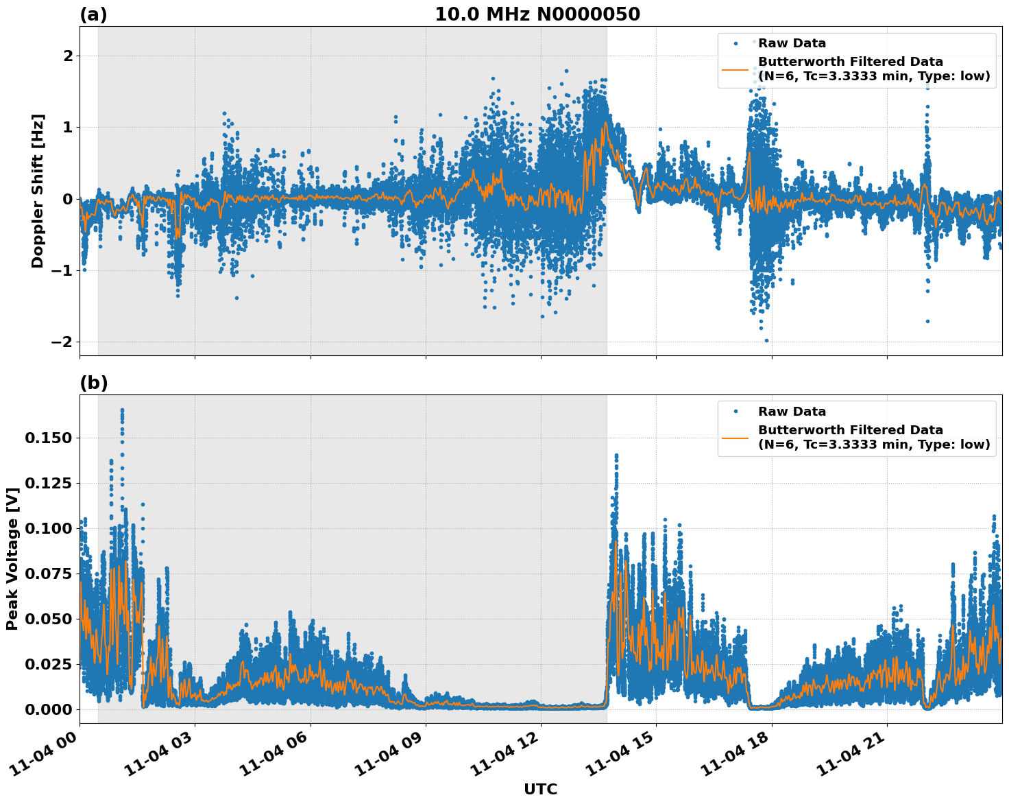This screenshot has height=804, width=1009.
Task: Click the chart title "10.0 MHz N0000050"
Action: (x=537, y=14)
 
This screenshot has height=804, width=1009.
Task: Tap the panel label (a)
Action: (x=93, y=14)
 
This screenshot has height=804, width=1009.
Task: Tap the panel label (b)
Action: (x=93, y=383)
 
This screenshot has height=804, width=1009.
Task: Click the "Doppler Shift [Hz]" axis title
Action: (x=38, y=191)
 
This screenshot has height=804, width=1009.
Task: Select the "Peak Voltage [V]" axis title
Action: (x=12, y=558)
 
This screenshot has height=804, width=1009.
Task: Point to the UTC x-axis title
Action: (x=540, y=789)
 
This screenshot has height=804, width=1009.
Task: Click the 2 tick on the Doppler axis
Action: (x=67, y=56)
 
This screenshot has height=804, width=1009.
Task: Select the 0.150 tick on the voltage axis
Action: (x=48, y=438)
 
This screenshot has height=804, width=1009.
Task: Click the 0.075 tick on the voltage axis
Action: (x=48, y=574)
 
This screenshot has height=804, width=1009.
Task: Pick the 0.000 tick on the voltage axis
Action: (x=48, y=709)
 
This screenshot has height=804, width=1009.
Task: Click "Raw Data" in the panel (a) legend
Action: (x=792, y=43)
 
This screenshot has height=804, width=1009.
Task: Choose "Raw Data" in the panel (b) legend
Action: (x=792, y=412)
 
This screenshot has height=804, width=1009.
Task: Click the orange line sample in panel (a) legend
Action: (x=736, y=69)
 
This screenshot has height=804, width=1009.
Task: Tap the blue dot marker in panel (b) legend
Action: (x=736, y=412)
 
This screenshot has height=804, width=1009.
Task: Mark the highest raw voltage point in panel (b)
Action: (x=122, y=410)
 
